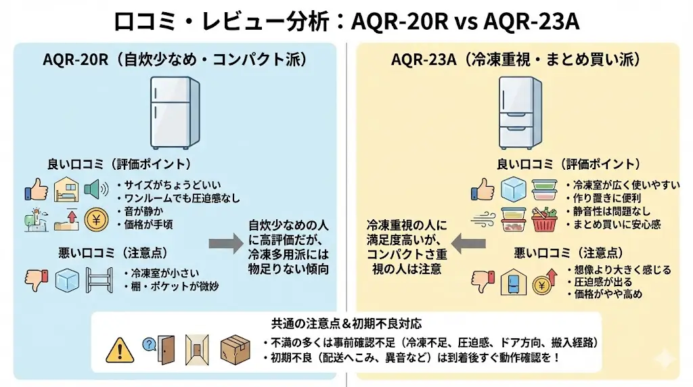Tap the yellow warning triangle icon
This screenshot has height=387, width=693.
pos(120,349)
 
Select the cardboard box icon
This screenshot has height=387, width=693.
pos(235,349)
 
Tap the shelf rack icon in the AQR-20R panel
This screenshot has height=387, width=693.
pos(98,280)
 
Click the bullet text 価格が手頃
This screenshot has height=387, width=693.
pos(148,225)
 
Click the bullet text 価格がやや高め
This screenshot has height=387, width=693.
pos(604,294)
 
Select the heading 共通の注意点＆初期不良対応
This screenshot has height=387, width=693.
pos(345,323)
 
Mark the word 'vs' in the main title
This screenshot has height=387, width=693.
pos(465,20)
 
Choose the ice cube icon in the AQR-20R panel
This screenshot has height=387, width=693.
pos(68,280)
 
